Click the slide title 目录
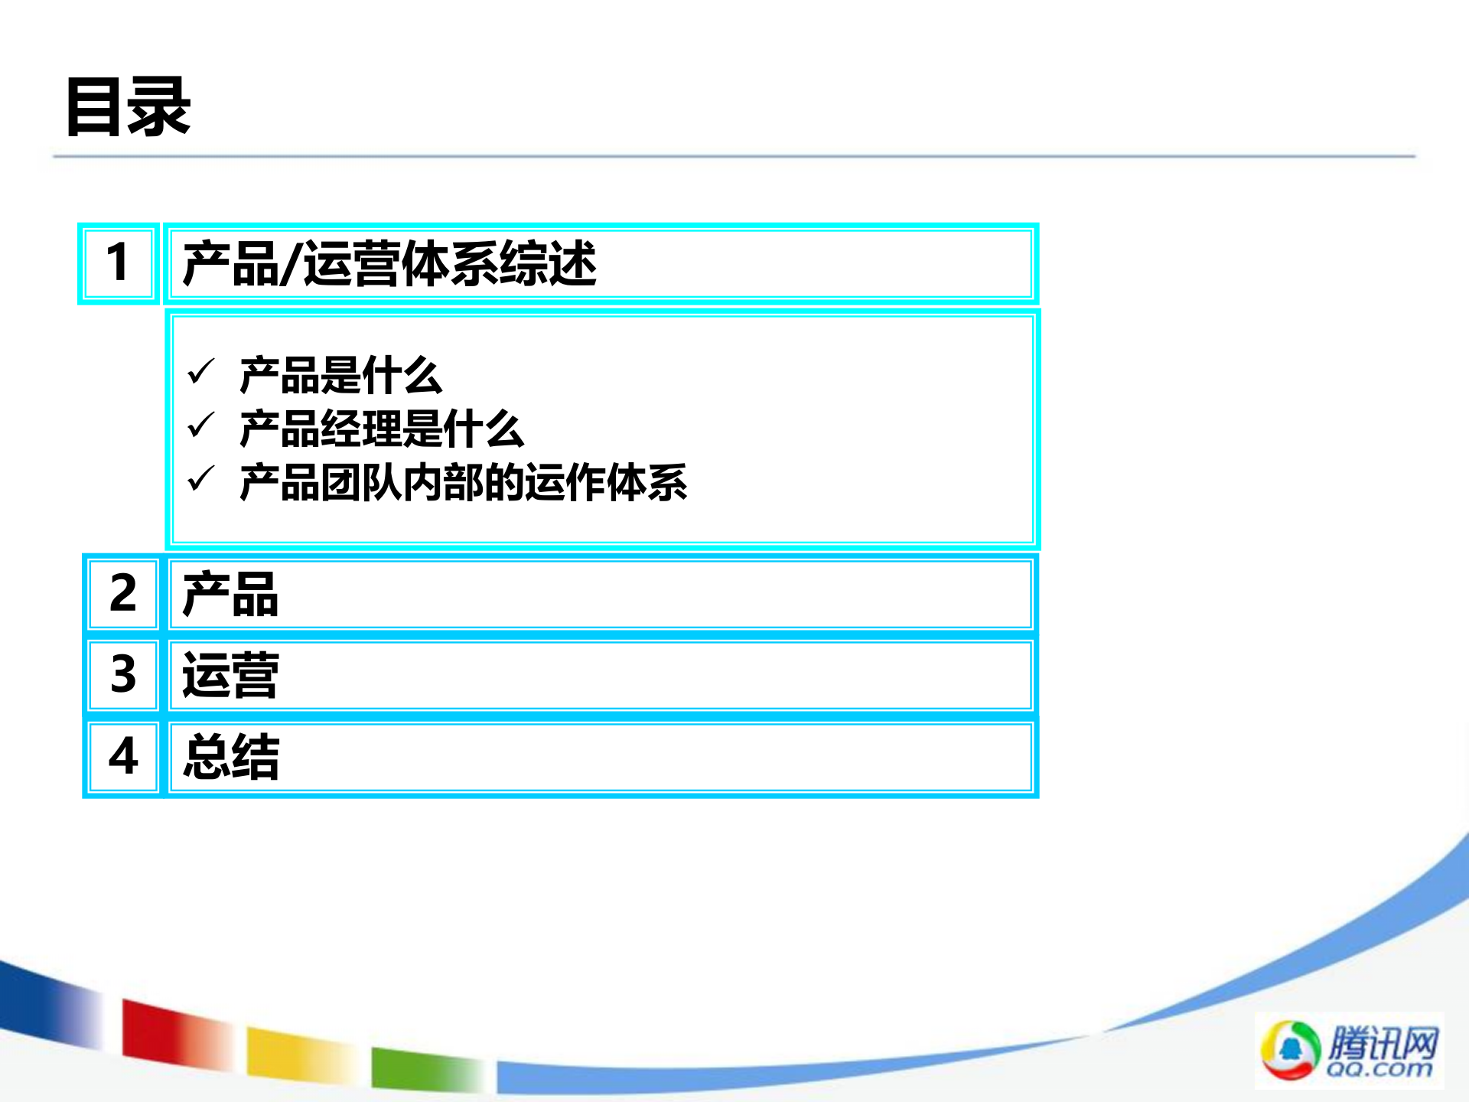click(128, 107)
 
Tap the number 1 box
click(119, 263)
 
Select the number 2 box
click(122, 594)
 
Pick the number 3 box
click(122, 675)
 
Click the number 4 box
click(122, 757)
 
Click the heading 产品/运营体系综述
click(389, 264)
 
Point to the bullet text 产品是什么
click(340, 376)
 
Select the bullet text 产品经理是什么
click(381, 429)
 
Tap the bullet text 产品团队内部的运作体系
click(463, 482)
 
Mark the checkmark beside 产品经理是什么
click(201, 425)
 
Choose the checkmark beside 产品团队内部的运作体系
click(201, 479)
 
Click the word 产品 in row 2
click(230, 595)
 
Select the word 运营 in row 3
click(230, 676)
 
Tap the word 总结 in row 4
click(231, 757)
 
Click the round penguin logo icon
click(1290, 1050)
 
